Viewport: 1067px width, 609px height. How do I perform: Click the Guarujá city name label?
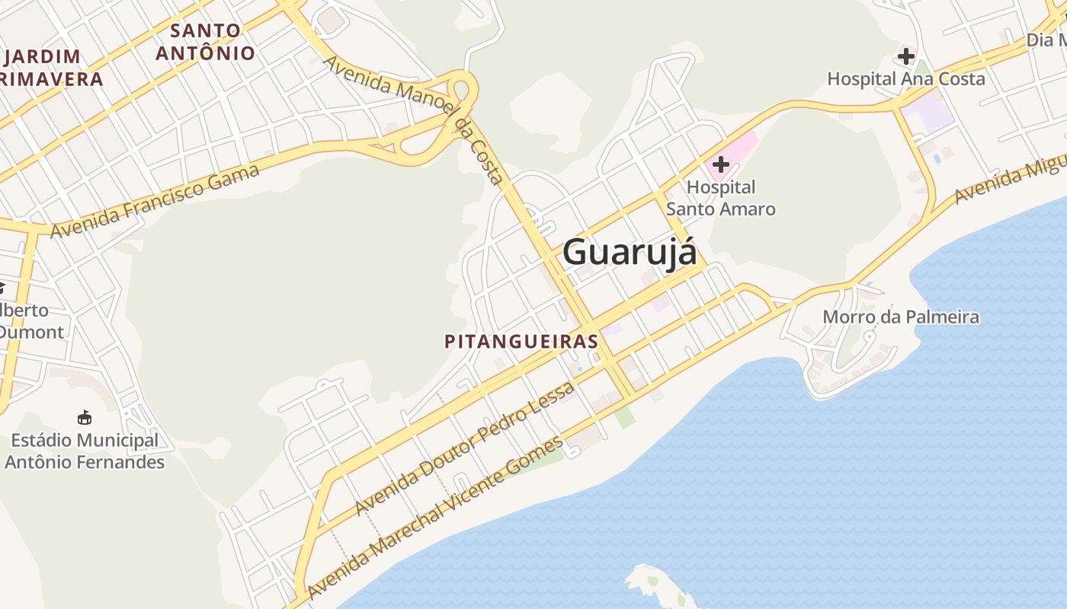[630, 252]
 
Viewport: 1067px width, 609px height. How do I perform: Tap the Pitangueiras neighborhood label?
[521, 341]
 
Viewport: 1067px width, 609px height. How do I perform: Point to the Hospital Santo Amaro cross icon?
[720, 164]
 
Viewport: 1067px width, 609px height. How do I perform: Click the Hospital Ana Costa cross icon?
[905, 56]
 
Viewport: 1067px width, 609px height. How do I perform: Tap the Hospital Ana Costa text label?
[905, 78]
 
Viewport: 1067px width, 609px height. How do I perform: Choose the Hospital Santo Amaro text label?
[720, 198]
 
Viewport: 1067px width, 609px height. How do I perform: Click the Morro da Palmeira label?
[900, 317]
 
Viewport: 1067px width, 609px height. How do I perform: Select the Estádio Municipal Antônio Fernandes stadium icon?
[85, 417]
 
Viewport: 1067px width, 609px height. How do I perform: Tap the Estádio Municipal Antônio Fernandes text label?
[85, 451]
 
